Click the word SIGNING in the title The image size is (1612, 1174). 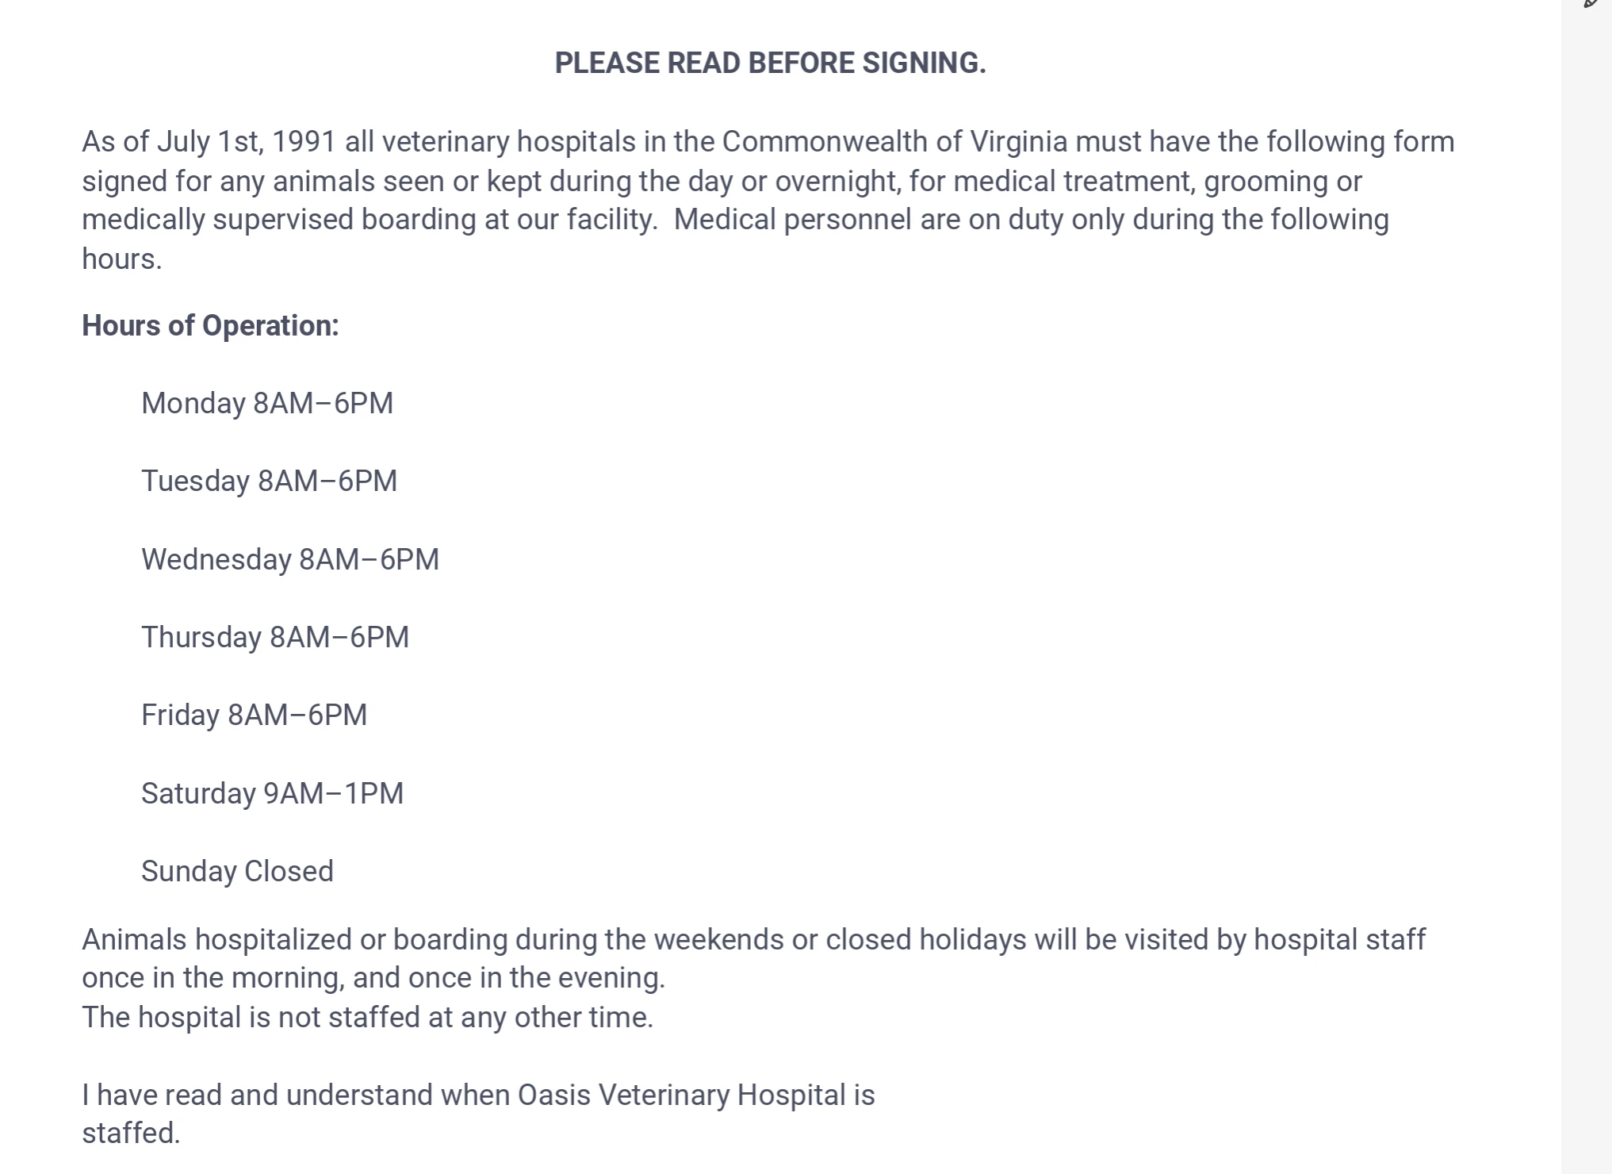pyautogui.click(x=924, y=63)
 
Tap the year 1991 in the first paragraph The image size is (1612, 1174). pyautogui.click(x=304, y=142)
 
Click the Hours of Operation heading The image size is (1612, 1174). pyautogui.click(x=210, y=326)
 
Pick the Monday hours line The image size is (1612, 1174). pyautogui.click(x=267, y=404)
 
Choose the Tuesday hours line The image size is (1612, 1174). pyautogui.click(x=269, y=481)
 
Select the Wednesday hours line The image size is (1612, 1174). pyautogui.click(x=289, y=560)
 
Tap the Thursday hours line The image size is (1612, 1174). pyautogui.click(x=275, y=638)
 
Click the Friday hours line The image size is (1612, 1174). pyautogui.click(x=254, y=716)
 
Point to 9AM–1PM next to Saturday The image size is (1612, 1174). pyautogui.click(x=333, y=794)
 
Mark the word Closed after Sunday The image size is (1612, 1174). pyautogui.click(x=289, y=872)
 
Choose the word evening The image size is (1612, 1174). pyautogui.click(x=611, y=978)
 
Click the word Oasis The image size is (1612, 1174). pyautogui.click(x=553, y=1095)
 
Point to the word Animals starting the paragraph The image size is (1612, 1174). pyautogui.click(x=135, y=940)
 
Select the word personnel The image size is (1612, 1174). pyautogui.click(x=847, y=220)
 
